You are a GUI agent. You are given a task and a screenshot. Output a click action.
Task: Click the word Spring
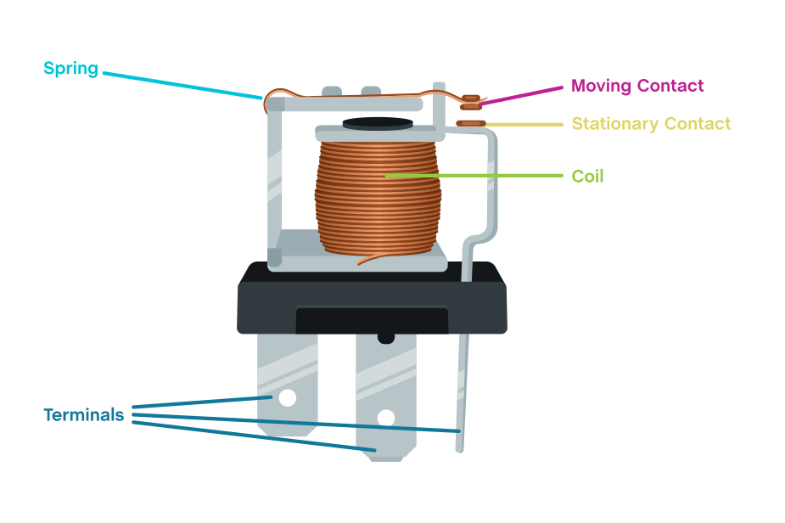71,69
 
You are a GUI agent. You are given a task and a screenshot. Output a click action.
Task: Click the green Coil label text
587,177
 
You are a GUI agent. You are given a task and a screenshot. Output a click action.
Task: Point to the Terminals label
83,415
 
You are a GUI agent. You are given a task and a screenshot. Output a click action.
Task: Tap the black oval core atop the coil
378,124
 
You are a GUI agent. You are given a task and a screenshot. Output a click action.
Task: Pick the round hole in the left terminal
287,396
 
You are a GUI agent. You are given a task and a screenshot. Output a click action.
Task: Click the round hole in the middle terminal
385,417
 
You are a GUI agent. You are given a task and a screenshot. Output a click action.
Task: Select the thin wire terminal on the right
461,374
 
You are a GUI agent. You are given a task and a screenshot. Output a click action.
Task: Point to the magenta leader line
522,94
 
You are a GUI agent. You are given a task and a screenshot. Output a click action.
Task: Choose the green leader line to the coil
475,176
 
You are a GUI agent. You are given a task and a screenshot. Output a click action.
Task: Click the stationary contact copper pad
470,124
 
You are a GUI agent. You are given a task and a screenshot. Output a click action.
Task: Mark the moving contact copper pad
470,103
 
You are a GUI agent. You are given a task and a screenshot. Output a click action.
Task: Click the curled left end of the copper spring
272,104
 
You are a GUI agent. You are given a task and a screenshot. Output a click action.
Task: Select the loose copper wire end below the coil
367,258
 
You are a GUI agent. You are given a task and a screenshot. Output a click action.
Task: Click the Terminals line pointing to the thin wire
297,423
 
